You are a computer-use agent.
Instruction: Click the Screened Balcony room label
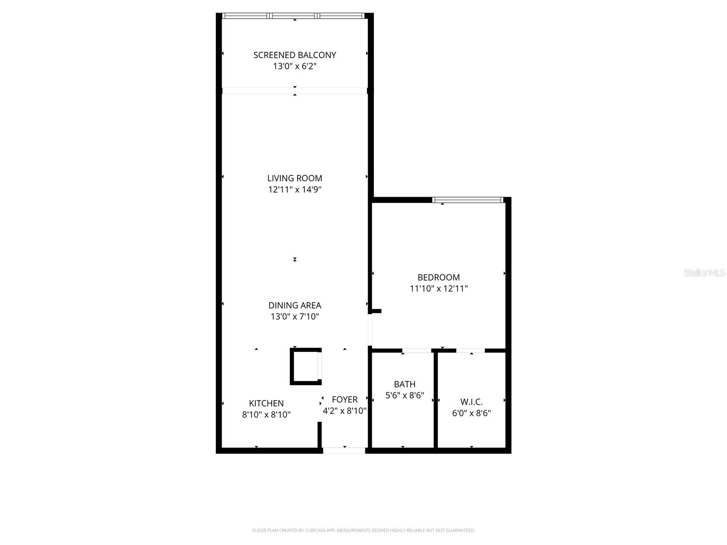294,55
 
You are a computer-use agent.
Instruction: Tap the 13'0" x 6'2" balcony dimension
294,66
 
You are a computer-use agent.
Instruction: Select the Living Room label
294,178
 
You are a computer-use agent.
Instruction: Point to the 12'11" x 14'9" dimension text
294,189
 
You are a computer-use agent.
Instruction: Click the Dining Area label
294,305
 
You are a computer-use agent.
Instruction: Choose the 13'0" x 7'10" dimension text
294,317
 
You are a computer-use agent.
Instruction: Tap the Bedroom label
438,277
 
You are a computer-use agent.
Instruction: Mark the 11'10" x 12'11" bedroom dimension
438,288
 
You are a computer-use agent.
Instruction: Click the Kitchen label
266,403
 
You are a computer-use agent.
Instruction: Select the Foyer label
344,399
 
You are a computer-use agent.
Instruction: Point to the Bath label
404,384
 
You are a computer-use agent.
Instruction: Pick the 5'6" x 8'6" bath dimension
404,396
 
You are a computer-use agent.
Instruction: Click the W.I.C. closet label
471,402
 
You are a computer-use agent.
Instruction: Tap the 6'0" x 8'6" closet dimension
471,413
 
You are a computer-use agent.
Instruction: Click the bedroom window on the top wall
468,200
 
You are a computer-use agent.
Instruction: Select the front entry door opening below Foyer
344,451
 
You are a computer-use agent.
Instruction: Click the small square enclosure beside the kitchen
304,367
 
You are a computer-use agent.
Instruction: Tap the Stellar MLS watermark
704,273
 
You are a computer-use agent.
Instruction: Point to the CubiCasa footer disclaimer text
363,530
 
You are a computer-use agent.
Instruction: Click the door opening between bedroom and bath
417,351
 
